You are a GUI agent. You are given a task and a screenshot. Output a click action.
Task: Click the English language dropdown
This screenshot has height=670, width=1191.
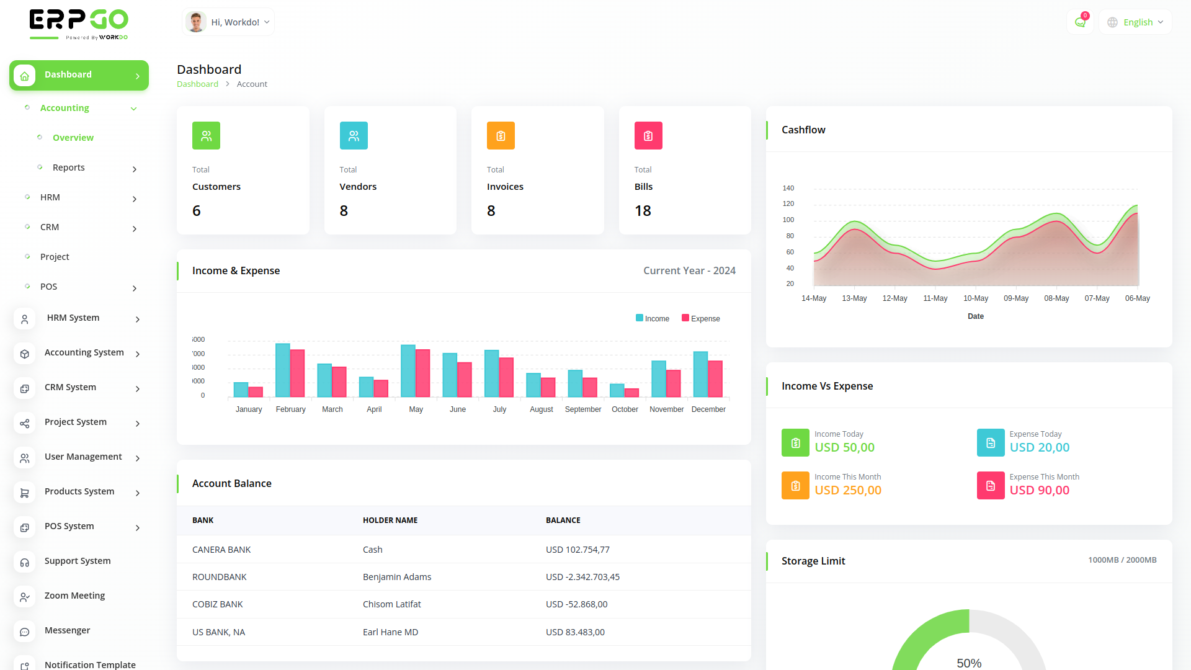pos(1135,22)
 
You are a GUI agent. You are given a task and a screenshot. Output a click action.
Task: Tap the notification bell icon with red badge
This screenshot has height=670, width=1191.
pos(1080,22)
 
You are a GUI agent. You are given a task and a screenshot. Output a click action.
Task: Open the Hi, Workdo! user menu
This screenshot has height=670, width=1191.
pos(228,22)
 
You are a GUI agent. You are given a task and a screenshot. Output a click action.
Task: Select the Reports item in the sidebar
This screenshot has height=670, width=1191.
pos(68,167)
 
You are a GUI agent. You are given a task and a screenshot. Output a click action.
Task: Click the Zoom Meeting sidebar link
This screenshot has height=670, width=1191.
pos(74,596)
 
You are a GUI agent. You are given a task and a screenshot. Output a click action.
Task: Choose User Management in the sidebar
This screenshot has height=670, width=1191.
pos(83,457)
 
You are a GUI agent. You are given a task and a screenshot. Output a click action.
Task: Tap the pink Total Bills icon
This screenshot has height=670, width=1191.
pos(648,136)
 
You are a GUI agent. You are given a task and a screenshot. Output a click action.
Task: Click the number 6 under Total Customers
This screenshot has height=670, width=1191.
pos(197,211)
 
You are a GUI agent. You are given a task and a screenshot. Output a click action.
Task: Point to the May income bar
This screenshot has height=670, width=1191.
pos(408,370)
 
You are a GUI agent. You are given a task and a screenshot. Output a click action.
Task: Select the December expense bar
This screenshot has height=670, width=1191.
pos(715,378)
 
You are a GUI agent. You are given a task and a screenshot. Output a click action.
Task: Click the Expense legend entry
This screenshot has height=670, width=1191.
pos(701,319)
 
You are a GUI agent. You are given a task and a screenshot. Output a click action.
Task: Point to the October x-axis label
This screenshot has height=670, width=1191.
pos(625,409)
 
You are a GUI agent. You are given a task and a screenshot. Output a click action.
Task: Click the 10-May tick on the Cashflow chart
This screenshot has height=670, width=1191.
pos(976,298)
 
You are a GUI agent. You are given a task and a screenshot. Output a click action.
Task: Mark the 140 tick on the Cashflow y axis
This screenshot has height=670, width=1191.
pos(788,188)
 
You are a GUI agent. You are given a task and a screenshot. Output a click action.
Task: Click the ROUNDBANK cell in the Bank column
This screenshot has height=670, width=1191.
pos(220,577)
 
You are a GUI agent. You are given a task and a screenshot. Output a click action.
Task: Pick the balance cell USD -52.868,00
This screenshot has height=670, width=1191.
pos(577,604)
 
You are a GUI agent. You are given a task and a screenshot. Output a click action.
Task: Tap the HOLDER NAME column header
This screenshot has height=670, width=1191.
pos(390,520)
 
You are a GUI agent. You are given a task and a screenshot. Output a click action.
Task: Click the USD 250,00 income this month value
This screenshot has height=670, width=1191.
pos(848,490)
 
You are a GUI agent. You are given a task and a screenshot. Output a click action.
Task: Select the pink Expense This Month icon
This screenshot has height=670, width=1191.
pos(991,486)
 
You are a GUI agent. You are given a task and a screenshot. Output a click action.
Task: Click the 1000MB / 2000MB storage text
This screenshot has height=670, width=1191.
pos(1122,560)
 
